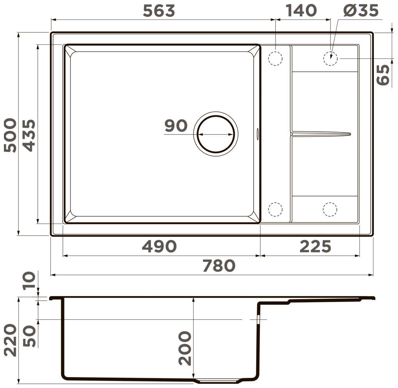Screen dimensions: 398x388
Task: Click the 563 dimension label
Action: point(159,11)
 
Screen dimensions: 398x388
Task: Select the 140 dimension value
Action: point(301,11)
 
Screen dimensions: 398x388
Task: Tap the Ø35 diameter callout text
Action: point(361,11)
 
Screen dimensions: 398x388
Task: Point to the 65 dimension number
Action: point(383,75)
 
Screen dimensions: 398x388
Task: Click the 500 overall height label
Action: point(11,135)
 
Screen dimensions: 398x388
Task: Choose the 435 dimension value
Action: point(29,135)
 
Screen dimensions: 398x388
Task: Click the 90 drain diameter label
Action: point(176,126)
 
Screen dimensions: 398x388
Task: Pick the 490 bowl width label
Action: point(159,246)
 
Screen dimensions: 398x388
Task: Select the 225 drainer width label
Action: point(315,246)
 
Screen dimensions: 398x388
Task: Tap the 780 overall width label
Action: point(219,266)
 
